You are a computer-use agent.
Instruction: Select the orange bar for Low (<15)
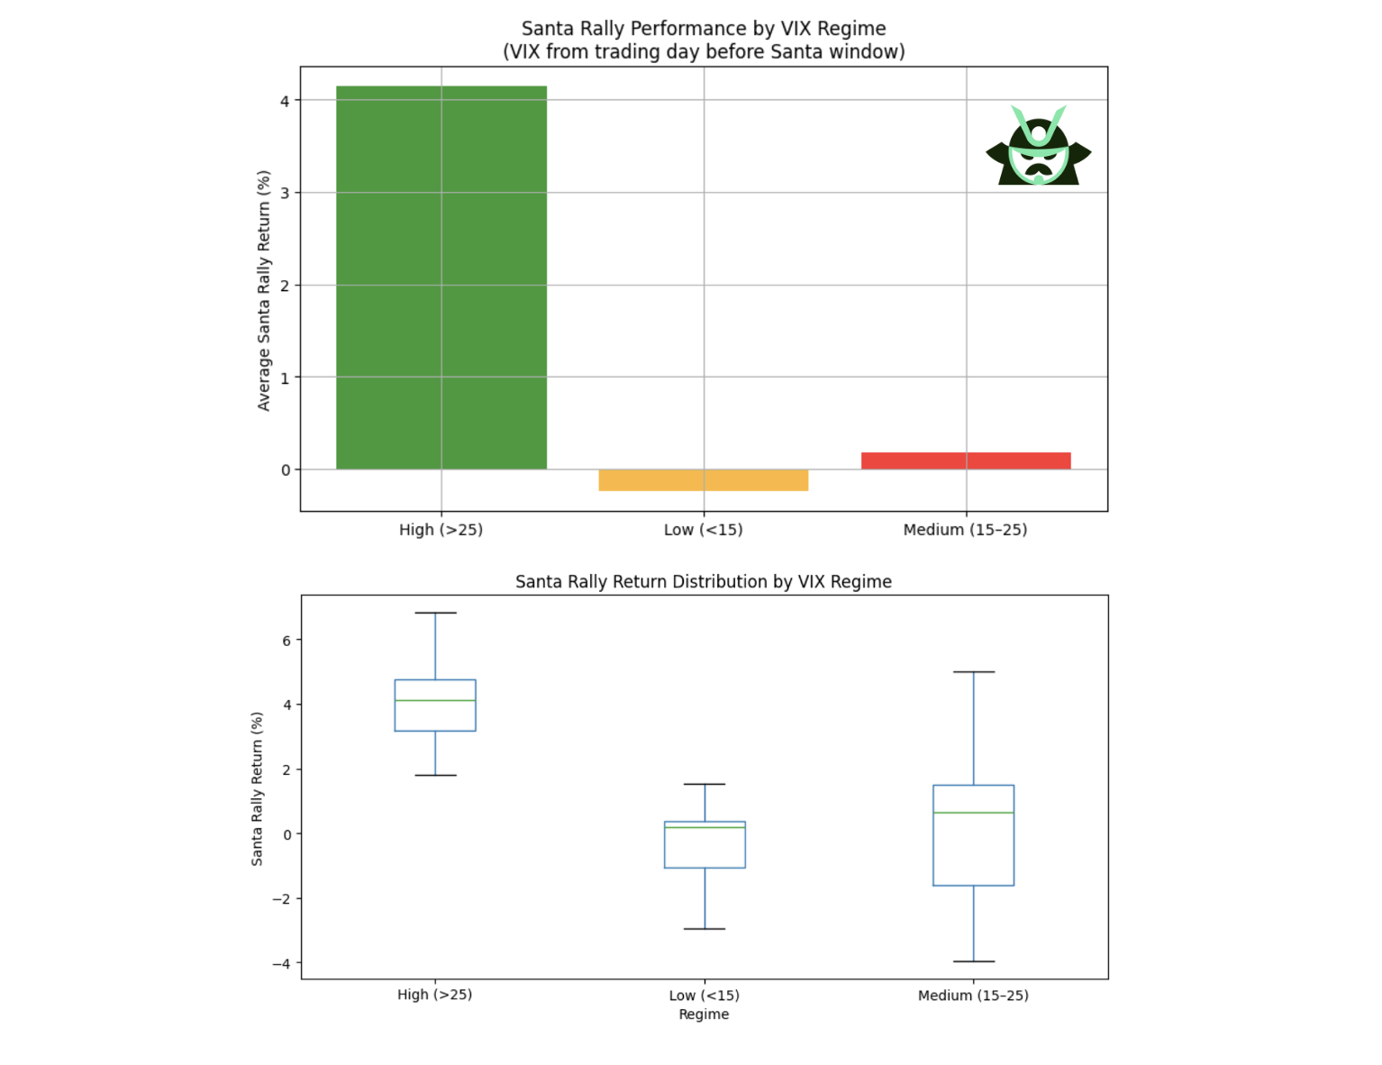(703, 480)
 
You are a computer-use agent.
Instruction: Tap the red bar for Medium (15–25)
(966, 460)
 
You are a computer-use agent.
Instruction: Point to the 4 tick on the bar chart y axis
(285, 101)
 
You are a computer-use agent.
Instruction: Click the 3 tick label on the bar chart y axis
(285, 193)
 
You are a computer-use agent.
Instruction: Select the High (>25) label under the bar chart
(441, 530)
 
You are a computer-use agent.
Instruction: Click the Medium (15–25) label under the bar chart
(965, 530)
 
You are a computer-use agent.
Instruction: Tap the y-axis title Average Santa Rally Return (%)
(264, 290)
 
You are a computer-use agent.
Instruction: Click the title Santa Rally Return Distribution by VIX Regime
(703, 582)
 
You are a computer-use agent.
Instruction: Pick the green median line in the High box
(435, 700)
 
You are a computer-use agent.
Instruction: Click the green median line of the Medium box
(973, 813)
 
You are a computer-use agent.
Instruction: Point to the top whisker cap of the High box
(435, 613)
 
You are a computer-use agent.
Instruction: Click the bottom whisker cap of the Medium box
(973, 961)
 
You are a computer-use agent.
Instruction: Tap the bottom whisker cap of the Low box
(705, 928)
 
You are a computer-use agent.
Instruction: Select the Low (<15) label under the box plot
(704, 996)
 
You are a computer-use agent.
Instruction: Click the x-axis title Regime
(704, 1015)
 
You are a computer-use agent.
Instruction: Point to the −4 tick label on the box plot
(281, 963)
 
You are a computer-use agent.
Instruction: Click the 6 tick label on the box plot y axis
(286, 641)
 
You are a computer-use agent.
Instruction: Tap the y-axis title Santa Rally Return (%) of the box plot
(258, 789)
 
